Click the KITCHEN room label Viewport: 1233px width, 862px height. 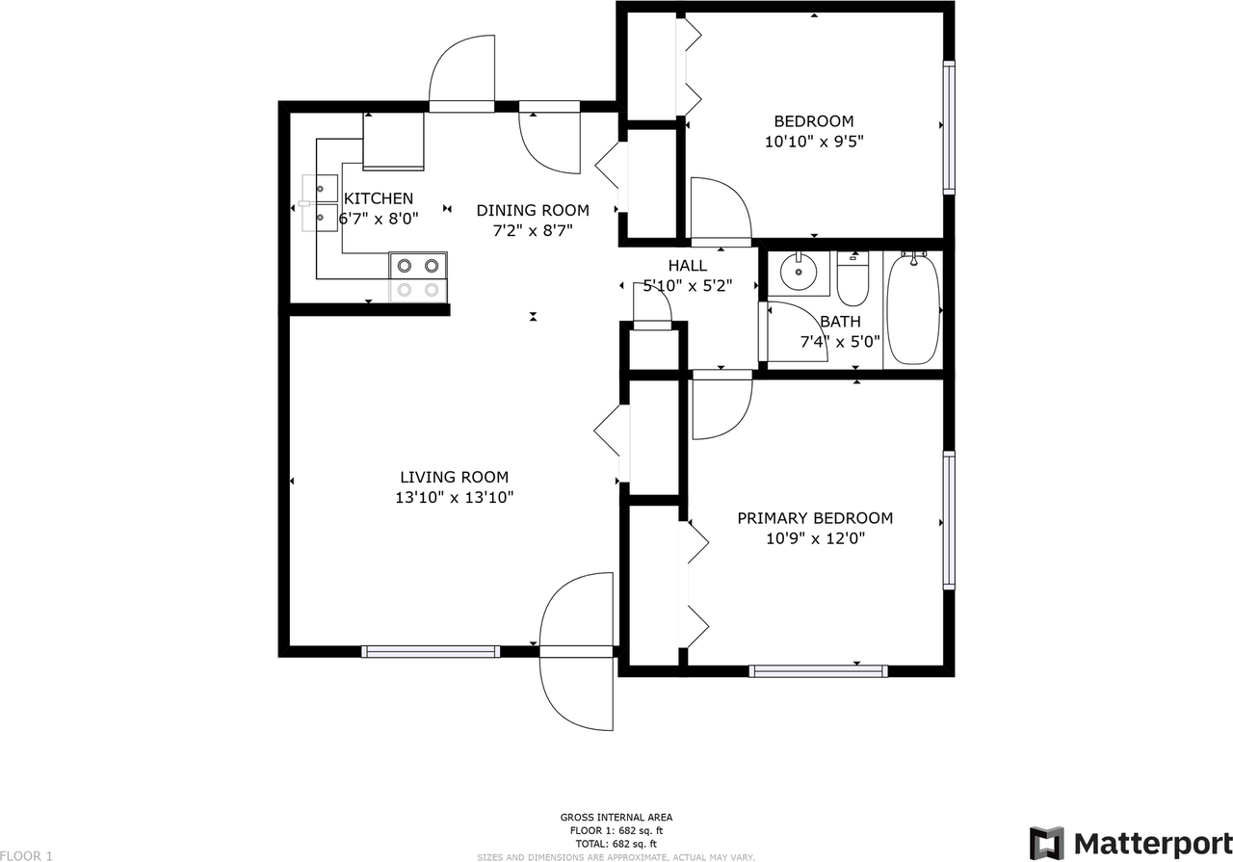[x=379, y=198]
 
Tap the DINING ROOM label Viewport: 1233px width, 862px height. [x=533, y=210]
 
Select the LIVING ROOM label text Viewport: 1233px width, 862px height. [x=454, y=477]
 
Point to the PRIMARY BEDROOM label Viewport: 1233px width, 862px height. [x=815, y=518]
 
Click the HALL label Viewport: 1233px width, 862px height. [x=688, y=266]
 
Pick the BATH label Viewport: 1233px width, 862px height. [x=841, y=322]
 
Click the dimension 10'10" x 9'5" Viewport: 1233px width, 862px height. [x=814, y=142]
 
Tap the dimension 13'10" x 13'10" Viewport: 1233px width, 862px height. [x=454, y=498]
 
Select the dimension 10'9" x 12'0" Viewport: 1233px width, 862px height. [x=815, y=538]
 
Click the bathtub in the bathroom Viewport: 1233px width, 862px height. [x=913, y=309]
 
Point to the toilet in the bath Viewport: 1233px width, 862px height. [x=853, y=278]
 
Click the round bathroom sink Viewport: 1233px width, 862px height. [x=799, y=272]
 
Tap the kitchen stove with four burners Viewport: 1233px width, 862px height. [x=418, y=277]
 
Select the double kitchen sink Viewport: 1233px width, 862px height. [x=319, y=203]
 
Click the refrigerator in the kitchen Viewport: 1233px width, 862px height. [x=393, y=142]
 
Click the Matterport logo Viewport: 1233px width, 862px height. [x=1131, y=842]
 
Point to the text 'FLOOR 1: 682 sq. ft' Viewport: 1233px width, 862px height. [x=616, y=830]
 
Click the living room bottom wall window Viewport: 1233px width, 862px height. [x=431, y=652]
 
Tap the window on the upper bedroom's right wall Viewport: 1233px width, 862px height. [x=949, y=127]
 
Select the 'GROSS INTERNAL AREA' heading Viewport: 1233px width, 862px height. [x=616, y=818]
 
